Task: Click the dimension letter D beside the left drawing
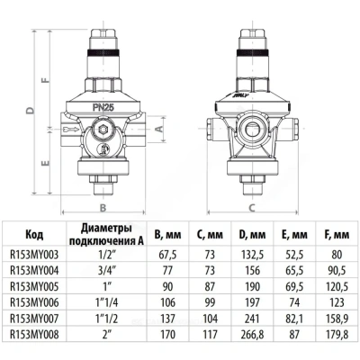click(30, 112)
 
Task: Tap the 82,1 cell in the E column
click(290, 317)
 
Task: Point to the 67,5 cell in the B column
click(162, 254)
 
